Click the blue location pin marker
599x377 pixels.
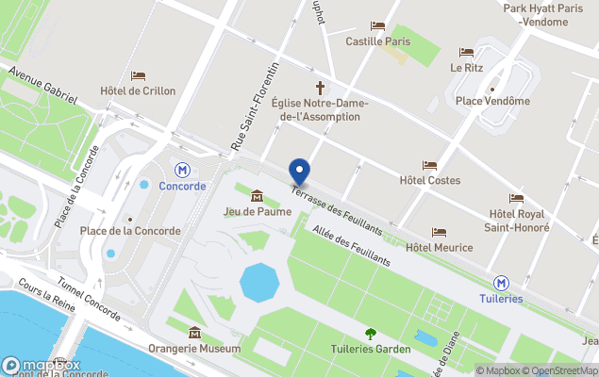click(x=299, y=172)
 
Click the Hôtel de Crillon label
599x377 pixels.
click(x=138, y=91)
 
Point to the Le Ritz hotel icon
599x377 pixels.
click(x=466, y=53)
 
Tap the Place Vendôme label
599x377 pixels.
click(x=491, y=101)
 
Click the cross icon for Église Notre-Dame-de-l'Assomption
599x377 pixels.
click(x=320, y=87)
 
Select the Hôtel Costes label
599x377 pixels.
click(x=429, y=180)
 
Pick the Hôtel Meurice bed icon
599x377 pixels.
click(x=439, y=232)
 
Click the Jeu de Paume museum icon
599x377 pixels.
click(x=257, y=195)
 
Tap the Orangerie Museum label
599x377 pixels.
click(x=194, y=349)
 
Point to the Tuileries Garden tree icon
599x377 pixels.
click(x=370, y=333)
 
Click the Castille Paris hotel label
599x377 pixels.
click(x=378, y=41)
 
